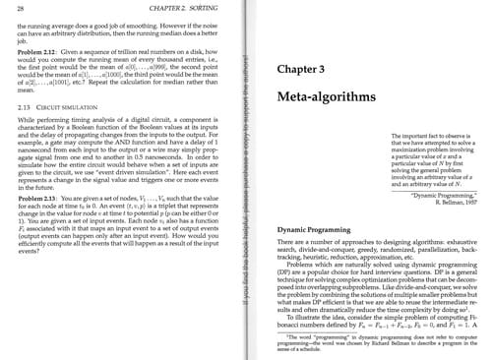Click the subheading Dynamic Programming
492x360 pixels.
pos(304,228)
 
